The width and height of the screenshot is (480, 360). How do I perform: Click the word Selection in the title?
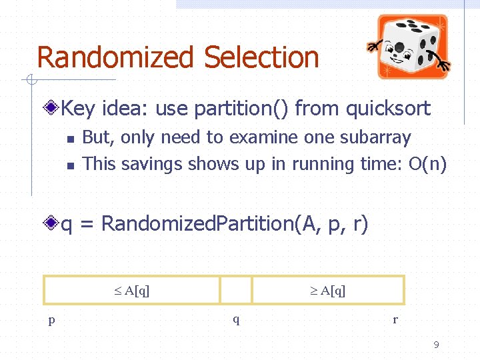[x=262, y=57]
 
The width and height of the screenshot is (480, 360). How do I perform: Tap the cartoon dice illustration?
[x=411, y=46]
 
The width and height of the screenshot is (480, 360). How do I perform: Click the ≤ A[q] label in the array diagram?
[x=131, y=290]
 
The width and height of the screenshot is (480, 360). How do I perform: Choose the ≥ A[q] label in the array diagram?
[x=327, y=290]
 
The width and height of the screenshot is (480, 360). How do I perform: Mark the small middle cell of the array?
[x=236, y=290]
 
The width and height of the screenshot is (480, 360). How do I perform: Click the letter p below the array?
[x=51, y=319]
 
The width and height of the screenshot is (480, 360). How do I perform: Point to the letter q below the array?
[x=236, y=319]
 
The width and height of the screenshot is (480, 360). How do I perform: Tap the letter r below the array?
[x=395, y=319]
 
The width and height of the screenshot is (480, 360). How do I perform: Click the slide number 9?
[x=436, y=345]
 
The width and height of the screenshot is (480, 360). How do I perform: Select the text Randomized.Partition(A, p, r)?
[x=234, y=224]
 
